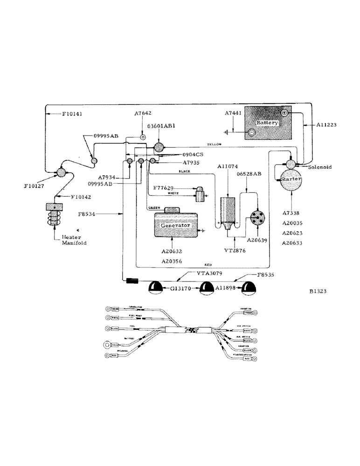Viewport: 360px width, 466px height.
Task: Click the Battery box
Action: pyautogui.click(x=268, y=123)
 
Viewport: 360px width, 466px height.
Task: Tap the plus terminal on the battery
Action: pyautogui.click(x=284, y=113)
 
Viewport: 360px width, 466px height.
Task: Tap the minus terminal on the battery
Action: pyautogui.click(x=251, y=133)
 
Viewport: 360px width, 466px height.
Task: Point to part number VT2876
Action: pyautogui.click(x=235, y=251)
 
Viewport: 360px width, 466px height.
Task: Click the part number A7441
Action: pyautogui.click(x=233, y=113)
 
